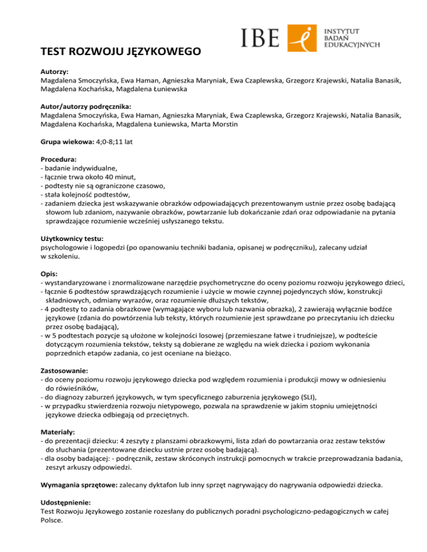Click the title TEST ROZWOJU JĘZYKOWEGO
[x=120, y=53]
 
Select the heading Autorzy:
[x=55, y=72]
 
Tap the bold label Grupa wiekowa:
[x=68, y=142]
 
